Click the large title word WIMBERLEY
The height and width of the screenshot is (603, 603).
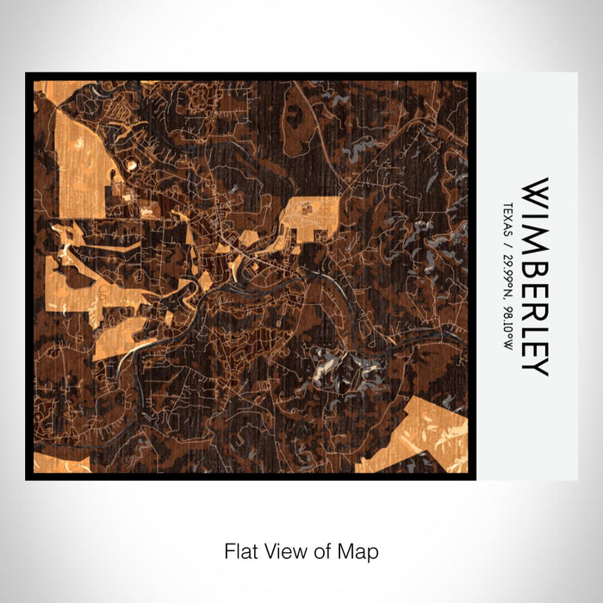535,277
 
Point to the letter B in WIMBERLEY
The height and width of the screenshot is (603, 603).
535,256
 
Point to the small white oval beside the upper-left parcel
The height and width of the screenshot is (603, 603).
131,163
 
